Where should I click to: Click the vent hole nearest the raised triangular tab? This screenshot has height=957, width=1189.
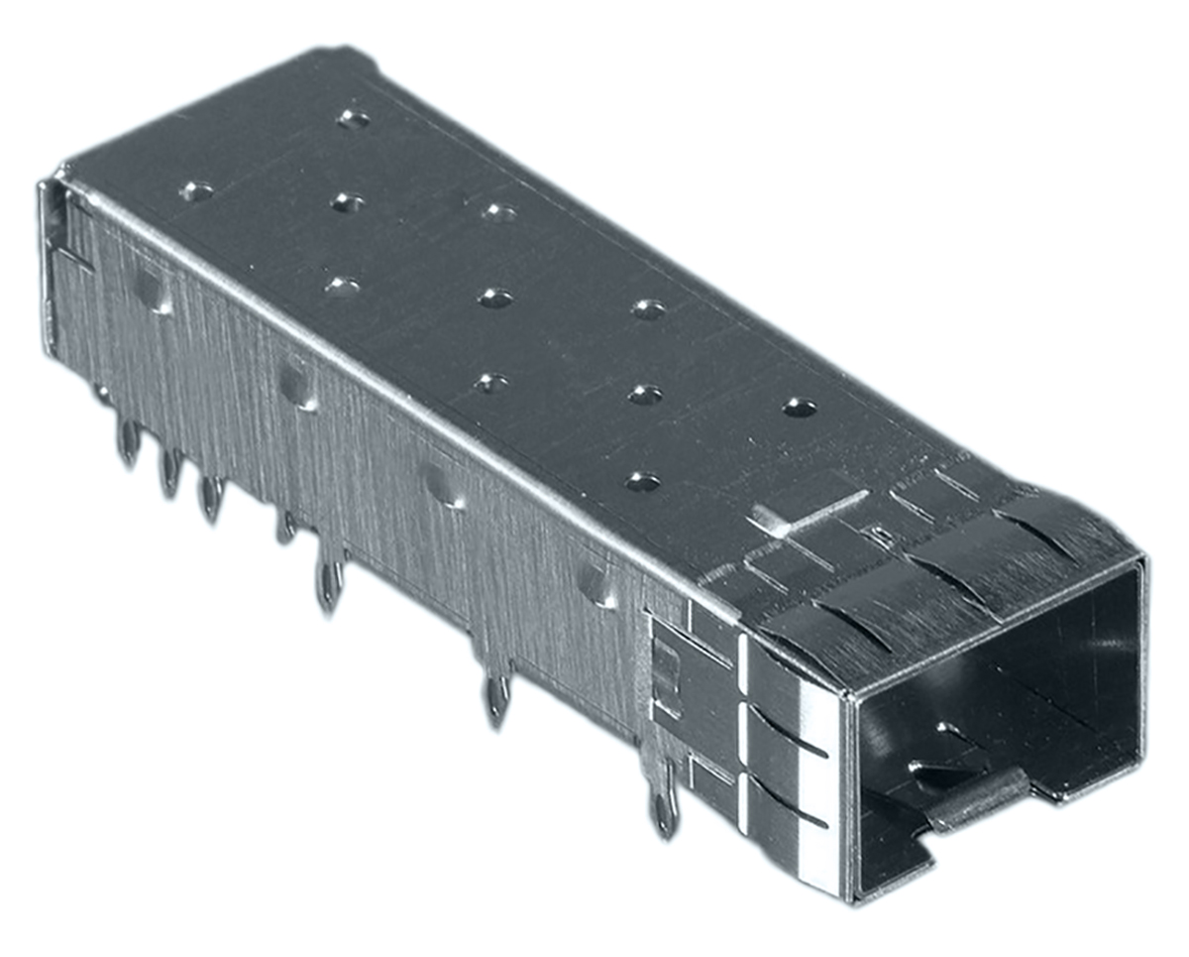643,482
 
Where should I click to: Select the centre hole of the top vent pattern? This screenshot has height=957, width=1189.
494,297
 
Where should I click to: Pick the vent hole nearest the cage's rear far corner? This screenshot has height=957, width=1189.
353,118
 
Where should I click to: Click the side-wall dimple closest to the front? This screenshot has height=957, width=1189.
597,584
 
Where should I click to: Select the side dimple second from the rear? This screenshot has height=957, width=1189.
295,383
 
